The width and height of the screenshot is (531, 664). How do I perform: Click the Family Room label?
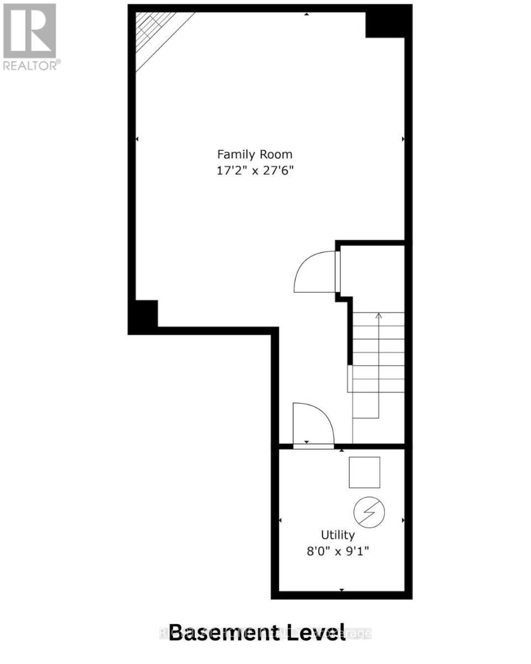[254, 154]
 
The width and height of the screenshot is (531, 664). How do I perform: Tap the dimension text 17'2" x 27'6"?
[254, 171]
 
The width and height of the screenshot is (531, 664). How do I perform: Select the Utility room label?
[338, 535]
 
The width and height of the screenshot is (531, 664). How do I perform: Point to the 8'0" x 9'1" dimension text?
[338, 551]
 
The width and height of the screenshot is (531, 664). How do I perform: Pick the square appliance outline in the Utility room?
[365, 472]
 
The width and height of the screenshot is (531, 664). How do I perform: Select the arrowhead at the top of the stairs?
[379, 316]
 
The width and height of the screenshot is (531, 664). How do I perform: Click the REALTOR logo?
[30, 37]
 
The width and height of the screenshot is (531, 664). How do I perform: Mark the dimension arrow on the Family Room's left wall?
[137, 138]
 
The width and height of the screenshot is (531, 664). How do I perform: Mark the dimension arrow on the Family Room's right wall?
[403, 138]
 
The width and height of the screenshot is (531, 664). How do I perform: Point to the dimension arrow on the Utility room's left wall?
[280, 521]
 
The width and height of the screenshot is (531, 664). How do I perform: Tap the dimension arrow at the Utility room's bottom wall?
[341, 590]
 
